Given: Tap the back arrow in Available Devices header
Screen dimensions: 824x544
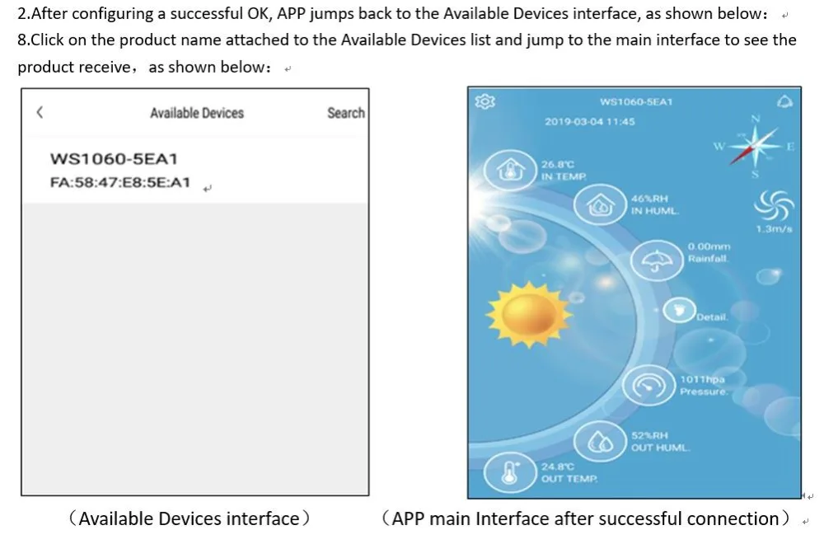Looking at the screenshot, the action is (x=40, y=112).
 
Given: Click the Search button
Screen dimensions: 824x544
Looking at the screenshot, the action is (x=346, y=113).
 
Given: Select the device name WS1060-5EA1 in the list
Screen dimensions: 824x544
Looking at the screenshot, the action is (x=114, y=159).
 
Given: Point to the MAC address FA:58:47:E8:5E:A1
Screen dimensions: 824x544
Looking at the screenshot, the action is (x=119, y=182).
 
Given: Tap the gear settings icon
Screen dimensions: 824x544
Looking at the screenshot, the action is (x=485, y=101).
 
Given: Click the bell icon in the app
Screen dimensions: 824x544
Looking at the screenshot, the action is (x=784, y=101).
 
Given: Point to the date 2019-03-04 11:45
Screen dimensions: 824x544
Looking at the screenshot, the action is (x=590, y=121).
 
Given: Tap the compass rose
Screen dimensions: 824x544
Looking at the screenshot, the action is (x=755, y=146).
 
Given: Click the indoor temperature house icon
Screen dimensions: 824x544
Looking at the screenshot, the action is (x=510, y=170).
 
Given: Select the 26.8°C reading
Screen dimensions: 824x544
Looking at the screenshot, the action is (x=558, y=165).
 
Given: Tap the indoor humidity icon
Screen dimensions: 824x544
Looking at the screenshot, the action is (x=600, y=205).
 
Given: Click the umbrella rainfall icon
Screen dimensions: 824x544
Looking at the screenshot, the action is (x=657, y=260).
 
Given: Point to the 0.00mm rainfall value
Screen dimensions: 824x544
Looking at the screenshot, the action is (x=709, y=246).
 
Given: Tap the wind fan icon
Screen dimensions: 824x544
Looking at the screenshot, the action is (x=774, y=205).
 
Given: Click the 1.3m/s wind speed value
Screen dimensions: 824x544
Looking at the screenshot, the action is (x=774, y=229).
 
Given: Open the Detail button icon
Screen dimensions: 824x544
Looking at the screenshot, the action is (x=679, y=310).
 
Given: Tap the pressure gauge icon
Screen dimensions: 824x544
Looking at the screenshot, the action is (x=648, y=386).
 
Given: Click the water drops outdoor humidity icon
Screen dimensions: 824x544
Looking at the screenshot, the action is (x=600, y=442).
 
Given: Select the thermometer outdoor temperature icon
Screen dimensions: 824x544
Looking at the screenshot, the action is (x=510, y=472).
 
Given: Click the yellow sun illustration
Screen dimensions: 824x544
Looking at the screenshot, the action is (x=529, y=314).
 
